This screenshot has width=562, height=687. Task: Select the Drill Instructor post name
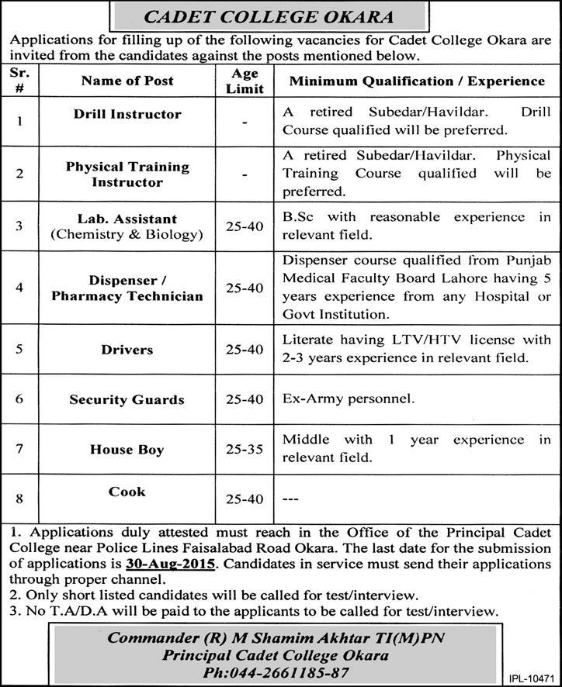(x=127, y=114)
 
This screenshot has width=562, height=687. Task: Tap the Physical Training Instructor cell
(x=127, y=174)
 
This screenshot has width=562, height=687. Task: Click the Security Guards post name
(x=127, y=399)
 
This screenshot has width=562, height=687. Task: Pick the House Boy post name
(x=127, y=450)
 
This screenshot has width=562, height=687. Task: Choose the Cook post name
(x=127, y=492)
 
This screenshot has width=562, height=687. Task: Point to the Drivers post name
(x=127, y=350)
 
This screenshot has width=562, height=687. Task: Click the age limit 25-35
(x=245, y=450)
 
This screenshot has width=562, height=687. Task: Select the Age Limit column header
(x=245, y=81)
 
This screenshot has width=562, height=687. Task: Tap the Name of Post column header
(x=127, y=81)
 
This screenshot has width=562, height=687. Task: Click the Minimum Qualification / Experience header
(x=417, y=81)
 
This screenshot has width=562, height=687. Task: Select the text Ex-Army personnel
(x=349, y=399)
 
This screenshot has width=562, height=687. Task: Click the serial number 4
(x=19, y=288)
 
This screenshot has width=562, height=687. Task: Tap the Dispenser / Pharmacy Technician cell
(x=127, y=288)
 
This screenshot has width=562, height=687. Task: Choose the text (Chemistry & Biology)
(x=127, y=234)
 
